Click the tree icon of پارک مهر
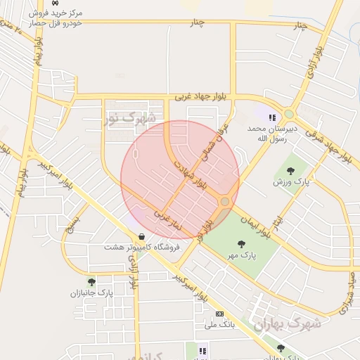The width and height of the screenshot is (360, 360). (x=241, y=244)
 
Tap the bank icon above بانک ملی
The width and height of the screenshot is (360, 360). (x=219, y=314)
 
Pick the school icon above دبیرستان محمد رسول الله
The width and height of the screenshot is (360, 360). (x=272, y=117)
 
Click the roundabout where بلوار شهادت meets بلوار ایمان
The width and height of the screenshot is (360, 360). (x=224, y=202)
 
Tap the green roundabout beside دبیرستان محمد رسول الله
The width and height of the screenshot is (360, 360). (x=288, y=114)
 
